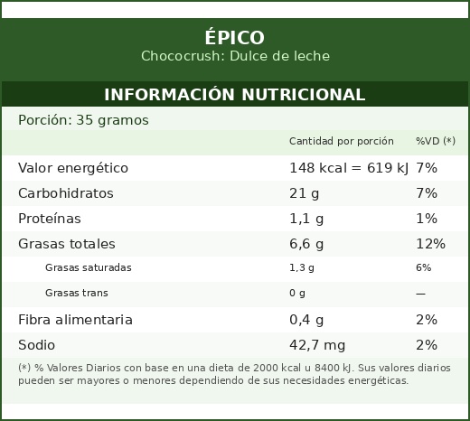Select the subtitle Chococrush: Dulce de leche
point(235,56)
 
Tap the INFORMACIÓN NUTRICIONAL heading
point(235,94)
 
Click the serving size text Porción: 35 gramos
point(83,120)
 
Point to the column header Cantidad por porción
point(342,141)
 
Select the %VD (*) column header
point(436,141)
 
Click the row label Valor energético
point(73,168)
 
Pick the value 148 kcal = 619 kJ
point(349,168)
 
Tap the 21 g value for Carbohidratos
point(304,193)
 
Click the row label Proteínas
point(50,219)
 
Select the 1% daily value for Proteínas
point(427,219)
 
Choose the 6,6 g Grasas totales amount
point(306,244)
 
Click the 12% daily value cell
point(430,244)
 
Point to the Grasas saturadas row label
point(89,267)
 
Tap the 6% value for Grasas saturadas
point(423,267)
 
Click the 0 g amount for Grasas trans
point(297,293)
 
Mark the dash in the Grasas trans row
point(420,294)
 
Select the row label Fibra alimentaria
point(75,320)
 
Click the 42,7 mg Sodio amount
point(317,345)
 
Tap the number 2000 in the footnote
point(266,368)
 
